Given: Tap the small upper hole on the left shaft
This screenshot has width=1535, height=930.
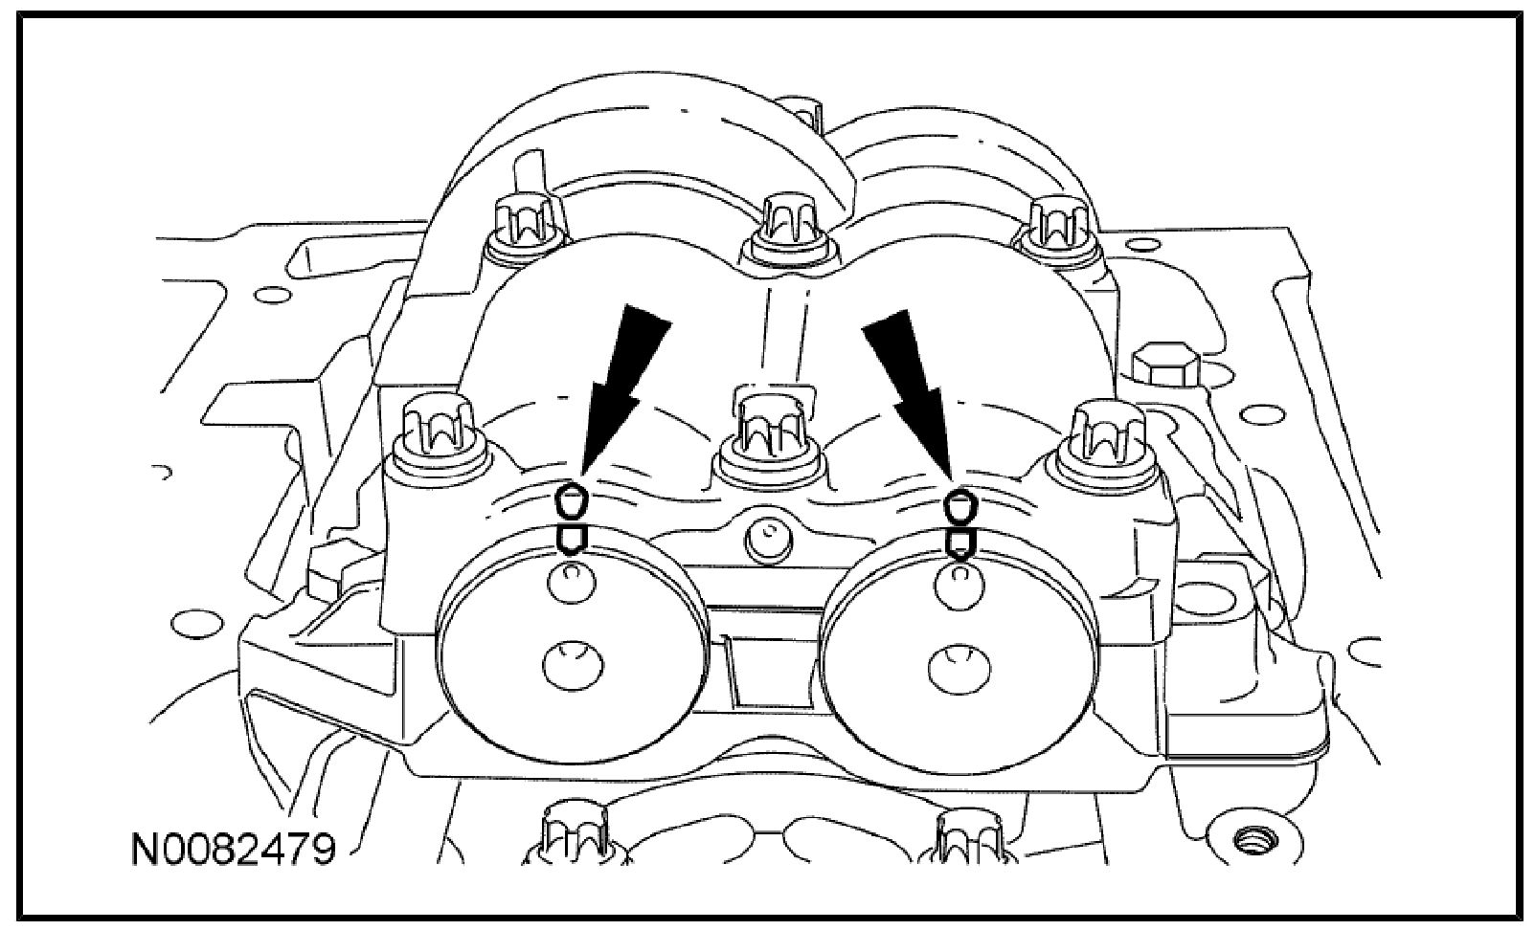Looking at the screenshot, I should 572,582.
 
